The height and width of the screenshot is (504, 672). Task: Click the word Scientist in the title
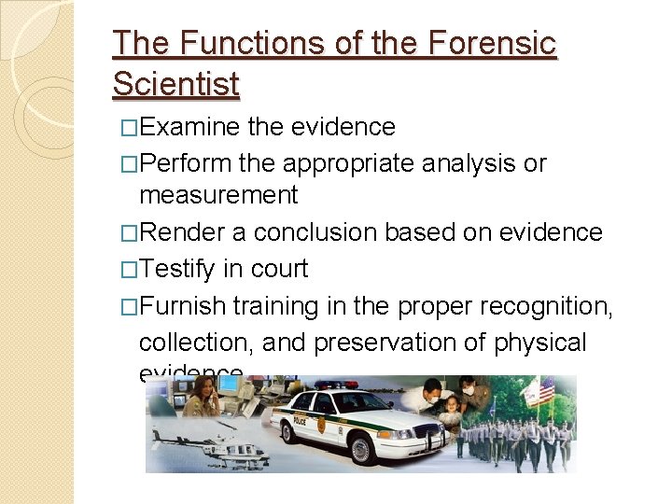(x=175, y=84)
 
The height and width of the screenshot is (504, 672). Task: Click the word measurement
(x=218, y=195)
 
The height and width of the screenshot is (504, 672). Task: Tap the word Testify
(x=178, y=269)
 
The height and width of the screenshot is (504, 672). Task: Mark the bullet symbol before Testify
(x=130, y=269)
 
